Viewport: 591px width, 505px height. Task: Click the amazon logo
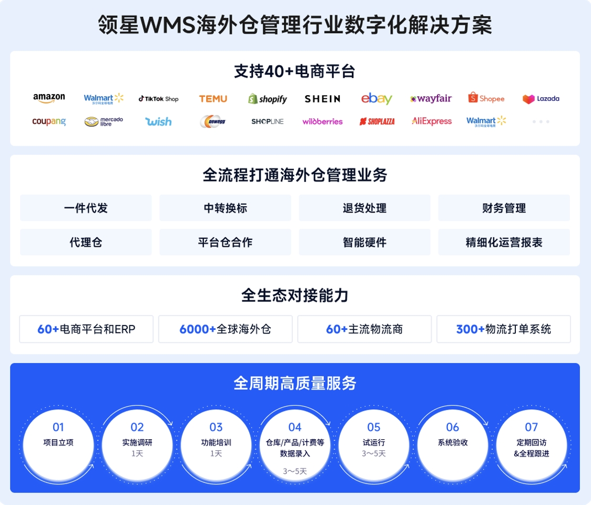[x=49, y=98]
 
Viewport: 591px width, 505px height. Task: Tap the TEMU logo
[x=213, y=98]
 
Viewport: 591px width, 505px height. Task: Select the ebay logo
[x=376, y=98]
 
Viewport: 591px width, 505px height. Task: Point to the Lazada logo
[x=541, y=99]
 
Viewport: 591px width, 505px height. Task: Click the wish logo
[x=158, y=122]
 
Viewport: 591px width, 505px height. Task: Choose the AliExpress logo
[x=432, y=122]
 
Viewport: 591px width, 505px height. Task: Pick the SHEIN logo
[x=322, y=98]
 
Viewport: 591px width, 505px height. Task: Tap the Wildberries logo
[x=322, y=122]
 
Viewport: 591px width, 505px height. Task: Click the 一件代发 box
[x=86, y=208]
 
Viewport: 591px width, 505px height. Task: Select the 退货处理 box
[x=364, y=208]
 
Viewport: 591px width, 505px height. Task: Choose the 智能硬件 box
[x=364, y=242]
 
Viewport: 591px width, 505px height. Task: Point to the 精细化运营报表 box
[x=504, y=242]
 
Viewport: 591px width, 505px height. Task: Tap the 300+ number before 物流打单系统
[x=470, y=329]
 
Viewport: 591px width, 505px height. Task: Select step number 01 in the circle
[x=58, y=427]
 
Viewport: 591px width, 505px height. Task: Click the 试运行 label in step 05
[x=374, y=442]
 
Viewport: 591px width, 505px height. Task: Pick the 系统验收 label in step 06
[x=453, y=442]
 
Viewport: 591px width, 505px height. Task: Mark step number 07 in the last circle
[x=532, y=427]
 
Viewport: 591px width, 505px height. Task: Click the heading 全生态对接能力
[x=295, y=296]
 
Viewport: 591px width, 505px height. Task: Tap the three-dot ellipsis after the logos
[x=541, y=122]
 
